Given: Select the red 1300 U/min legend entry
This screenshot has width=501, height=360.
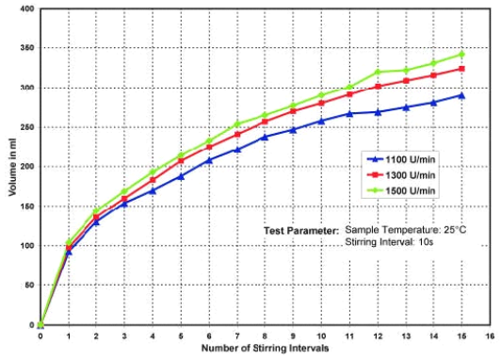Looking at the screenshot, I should (403, 174).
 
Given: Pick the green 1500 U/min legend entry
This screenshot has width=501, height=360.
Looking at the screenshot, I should (403, 189).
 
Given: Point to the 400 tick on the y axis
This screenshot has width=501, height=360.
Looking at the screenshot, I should (25, 9).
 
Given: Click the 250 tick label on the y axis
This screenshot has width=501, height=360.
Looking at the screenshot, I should (25, 127).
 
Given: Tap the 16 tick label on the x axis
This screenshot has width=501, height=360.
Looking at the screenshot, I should (490, 335).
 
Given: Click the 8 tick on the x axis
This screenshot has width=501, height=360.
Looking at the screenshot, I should (265, 335).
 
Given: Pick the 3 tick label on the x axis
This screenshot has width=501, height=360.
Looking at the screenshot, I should (124, 335).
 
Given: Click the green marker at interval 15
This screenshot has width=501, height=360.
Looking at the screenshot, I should (461, 54).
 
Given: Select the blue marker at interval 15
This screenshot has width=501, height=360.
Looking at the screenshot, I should (461, 95).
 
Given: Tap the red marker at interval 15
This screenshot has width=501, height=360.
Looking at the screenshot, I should (461, 69).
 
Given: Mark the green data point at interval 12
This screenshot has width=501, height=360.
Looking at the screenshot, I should (377, 72).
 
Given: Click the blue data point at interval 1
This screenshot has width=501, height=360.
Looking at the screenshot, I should (69, 253).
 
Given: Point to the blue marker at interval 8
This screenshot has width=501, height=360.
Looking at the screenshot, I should (265, 137).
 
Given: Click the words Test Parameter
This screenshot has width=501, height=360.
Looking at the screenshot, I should (300, 230).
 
